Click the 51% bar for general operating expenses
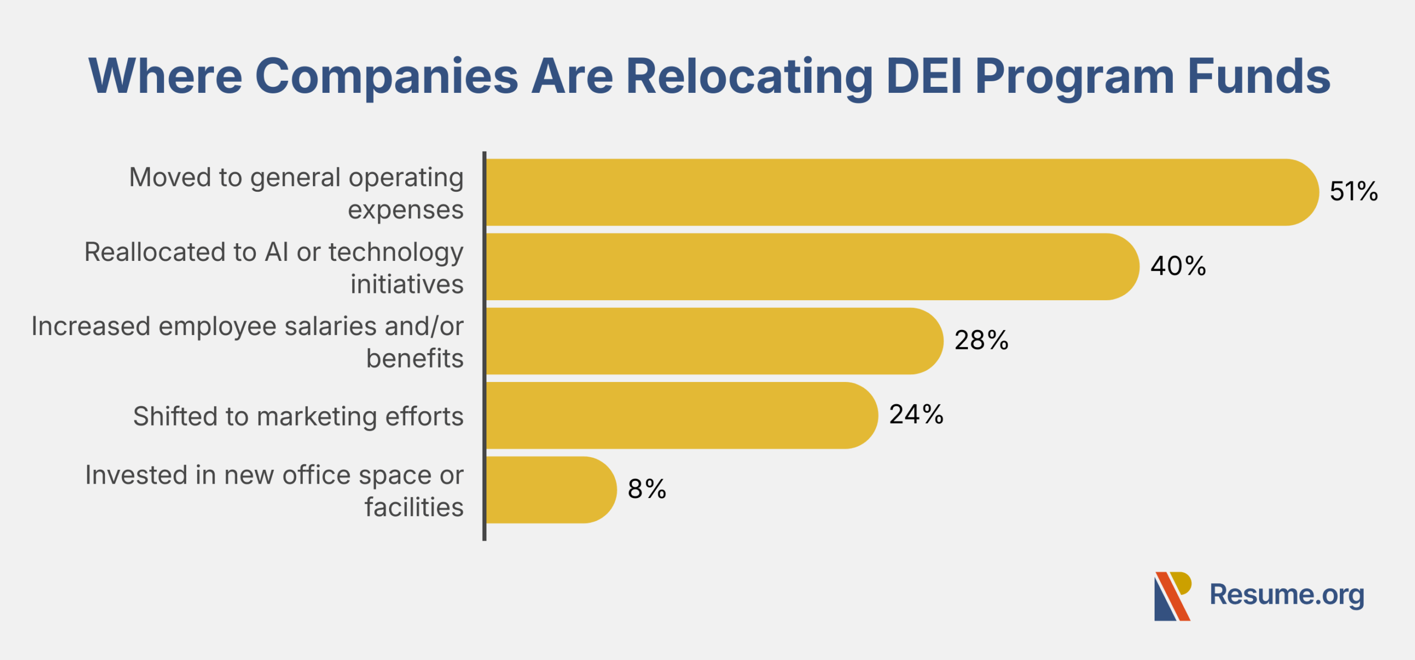pos(901,192)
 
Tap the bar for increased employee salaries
pos(713,341)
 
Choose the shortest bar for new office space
pos(551,490)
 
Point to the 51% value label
pos(1353,191)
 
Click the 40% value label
pos(1178,266)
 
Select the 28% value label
pos(981,340)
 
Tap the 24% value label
pos(916,415)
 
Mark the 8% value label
pos(647,489)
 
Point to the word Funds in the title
pos(1259,76)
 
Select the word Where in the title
pos(165,76)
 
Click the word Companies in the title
pos(386,76)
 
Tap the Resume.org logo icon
pos(1172,596)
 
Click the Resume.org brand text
pos(1287,595)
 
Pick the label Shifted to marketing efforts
pos(298,416)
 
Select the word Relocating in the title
pos(749,76)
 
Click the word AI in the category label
pos(276,252)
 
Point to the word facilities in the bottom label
pos(413,507)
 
